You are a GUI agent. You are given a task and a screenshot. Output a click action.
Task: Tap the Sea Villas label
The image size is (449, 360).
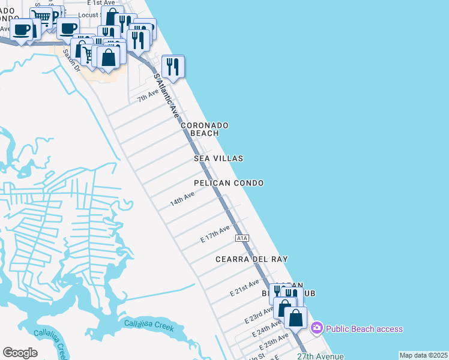(218, 158)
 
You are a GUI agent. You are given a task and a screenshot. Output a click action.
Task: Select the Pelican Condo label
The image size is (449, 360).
(229, 183)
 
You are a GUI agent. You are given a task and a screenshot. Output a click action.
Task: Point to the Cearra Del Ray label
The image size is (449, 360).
(252, 259)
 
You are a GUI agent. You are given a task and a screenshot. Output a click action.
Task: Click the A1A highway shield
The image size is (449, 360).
(242, 238)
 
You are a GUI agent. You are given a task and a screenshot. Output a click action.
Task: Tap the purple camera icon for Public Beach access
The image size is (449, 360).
(316, 328)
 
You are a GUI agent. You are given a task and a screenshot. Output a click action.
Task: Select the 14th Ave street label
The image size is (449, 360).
(182, 199)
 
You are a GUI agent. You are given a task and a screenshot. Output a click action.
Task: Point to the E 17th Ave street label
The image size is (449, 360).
(215, 235)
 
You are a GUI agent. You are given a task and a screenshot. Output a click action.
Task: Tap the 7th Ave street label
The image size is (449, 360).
(148, 95)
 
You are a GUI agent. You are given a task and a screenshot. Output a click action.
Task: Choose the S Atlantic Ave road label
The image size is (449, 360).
(167, 95)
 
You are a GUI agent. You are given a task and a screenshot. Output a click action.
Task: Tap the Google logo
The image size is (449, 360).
(20, 352)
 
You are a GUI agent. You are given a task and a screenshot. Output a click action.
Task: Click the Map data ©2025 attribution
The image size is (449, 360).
(423, 355)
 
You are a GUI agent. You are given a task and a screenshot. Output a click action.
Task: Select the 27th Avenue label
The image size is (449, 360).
(320, 356)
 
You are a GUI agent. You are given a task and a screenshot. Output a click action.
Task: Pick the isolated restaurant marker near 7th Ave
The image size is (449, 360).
(173, 67)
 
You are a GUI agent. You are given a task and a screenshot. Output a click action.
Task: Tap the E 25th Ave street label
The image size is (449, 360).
(274, 343)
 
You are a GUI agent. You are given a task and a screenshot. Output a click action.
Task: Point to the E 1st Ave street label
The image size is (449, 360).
(100, 3)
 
